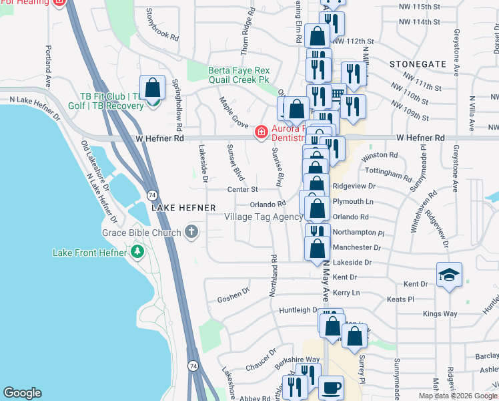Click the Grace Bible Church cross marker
tap(191, 233)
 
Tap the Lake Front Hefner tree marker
tap(137, 252)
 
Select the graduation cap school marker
tap(449, 274)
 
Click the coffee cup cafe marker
tap(331, 388)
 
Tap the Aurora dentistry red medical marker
tap(260, 133)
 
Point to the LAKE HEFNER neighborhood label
tap(183, 208)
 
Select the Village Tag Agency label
tap(264, 217)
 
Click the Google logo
tap(22, 393)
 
